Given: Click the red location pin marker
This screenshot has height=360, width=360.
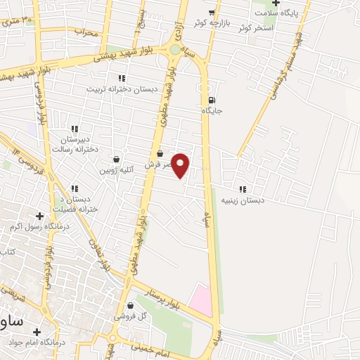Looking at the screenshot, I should click(181, 165).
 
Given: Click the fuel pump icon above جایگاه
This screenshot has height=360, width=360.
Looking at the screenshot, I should click(212, 99).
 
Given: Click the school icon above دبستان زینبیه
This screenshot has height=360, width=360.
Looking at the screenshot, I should click(243, 189).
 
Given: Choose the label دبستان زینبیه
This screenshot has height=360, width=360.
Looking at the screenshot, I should click(243, 200).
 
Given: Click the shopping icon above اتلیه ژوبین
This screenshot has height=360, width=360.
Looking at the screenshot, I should click(116, 159).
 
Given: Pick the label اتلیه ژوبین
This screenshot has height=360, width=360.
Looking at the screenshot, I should click(116, 170).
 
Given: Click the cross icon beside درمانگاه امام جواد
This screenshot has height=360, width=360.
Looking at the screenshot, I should click(37, 330).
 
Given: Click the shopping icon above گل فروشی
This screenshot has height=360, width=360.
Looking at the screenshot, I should click(131, 305).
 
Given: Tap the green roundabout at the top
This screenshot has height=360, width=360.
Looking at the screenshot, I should click(174, 49).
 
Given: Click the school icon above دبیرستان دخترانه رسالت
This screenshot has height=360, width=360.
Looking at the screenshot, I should click(74, 129).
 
